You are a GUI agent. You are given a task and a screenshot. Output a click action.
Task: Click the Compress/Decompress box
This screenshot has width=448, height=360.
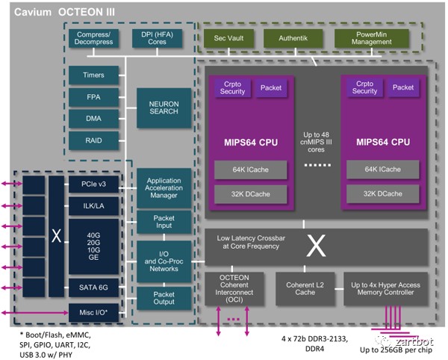(x=94, y=38)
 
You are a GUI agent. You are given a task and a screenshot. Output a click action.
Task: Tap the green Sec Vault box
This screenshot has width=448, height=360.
(x=227, y=38)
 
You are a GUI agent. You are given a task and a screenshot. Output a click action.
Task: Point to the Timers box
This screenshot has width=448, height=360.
(x=94, y=75)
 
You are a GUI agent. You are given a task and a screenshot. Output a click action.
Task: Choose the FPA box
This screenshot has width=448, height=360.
(x=94, y=97)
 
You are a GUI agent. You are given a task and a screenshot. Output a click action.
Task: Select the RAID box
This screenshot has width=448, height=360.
(x=94, y=140)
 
